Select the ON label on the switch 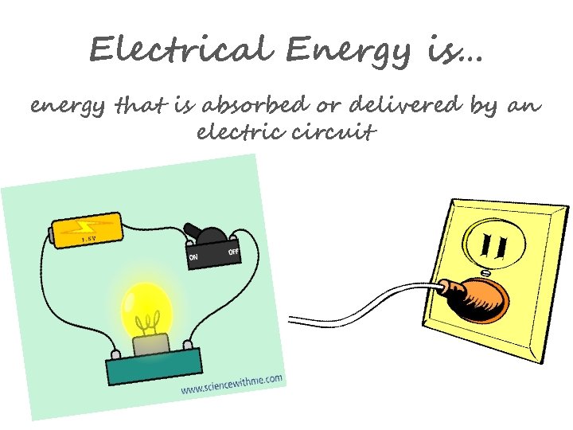194,256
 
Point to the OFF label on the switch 234,253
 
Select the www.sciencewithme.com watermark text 232,385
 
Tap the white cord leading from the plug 358,306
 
